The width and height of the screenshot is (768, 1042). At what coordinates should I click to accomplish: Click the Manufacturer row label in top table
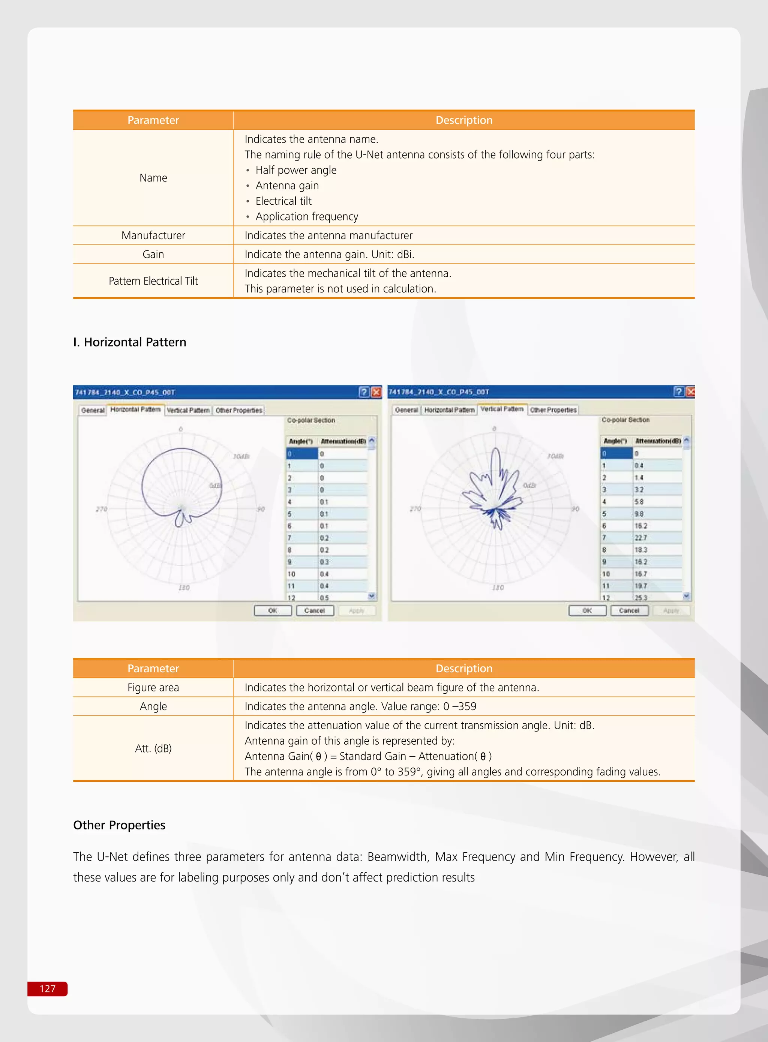click(x=153, y=235)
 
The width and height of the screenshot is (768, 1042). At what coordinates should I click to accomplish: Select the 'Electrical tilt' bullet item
click(x=283, y=201)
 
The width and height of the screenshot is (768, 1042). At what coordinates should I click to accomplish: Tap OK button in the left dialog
click(x=273, y=610)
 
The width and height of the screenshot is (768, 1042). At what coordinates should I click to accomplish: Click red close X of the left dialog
click(x=376, y=392)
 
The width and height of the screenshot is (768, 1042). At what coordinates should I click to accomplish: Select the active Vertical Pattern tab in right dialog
click(x=502, y=409)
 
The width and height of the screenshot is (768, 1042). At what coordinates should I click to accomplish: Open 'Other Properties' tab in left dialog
click(x=238, y=410)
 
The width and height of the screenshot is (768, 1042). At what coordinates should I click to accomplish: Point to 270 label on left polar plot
click(x=101, y=510)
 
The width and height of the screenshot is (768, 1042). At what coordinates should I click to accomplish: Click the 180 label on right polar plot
click(x=498, y=588)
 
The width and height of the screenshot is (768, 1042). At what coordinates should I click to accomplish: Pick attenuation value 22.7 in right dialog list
click(x=640, y=538)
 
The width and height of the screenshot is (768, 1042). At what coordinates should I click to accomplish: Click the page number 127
click(x=47, y=988)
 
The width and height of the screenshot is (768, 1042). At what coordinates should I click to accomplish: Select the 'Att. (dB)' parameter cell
click(x=153, y=748)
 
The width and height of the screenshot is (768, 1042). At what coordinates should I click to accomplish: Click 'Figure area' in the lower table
click(x=153, y=687)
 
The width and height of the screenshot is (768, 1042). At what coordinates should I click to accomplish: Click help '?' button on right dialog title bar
click(x=678, y=392)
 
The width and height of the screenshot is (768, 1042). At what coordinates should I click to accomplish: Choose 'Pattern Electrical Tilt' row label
click(x=153, y=281)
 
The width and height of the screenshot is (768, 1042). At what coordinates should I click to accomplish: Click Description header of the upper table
click(x=463, y=120)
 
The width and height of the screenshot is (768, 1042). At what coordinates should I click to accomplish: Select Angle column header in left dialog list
click(x=301, y=441)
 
